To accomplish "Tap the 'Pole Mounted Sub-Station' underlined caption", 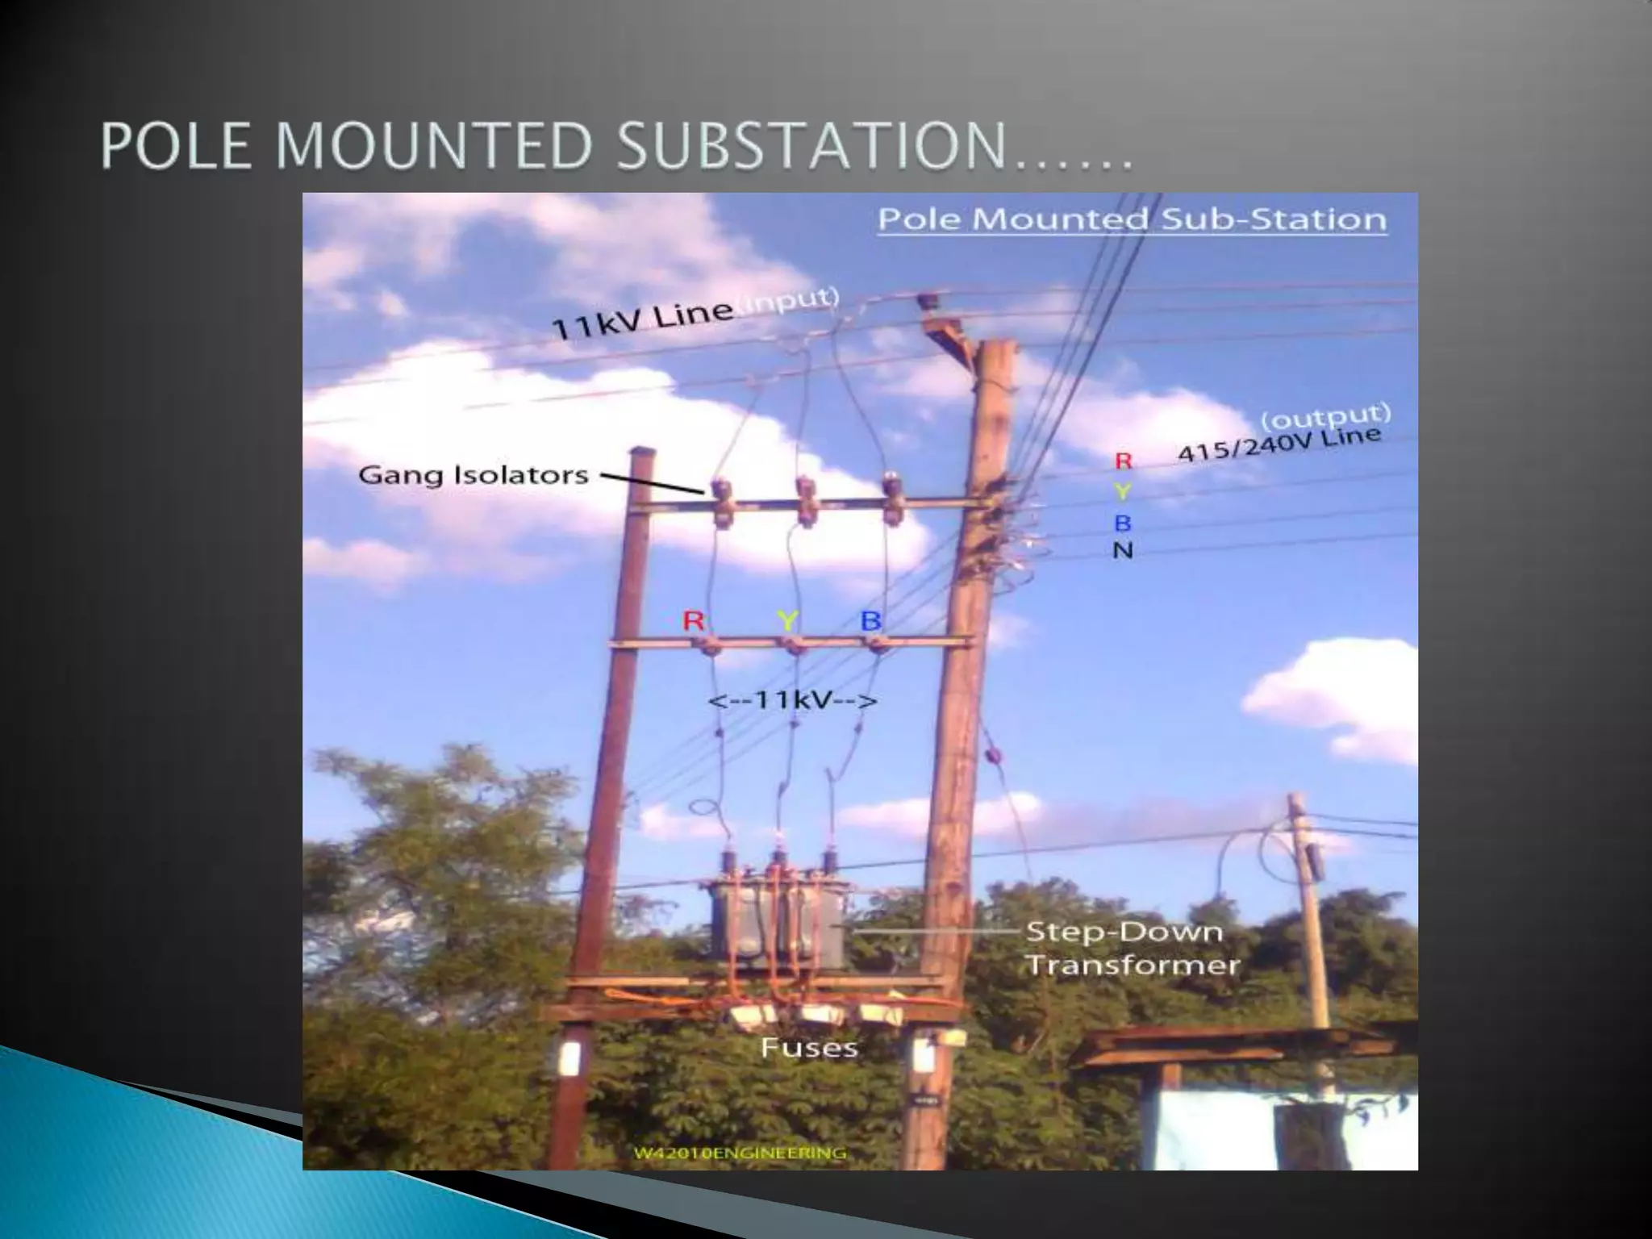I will [x=1132, y=220].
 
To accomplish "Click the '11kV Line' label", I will [x=641, y=323].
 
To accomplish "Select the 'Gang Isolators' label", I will [x=473, y=474].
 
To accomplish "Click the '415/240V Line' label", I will [x=1279, y=445].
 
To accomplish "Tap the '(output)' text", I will [x=1326, y=416].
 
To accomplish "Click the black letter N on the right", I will [x=1123, y=551].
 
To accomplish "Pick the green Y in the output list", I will [x=1122, y=491].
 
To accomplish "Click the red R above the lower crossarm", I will [x=695, y=621].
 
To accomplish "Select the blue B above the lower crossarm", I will [x=870, y=621].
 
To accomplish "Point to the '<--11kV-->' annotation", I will [x=792, y=700].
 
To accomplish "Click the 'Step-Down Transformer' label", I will [x=1133, y=949].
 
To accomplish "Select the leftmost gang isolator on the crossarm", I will [x=720, y=500].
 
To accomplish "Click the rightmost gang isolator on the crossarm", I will [x=891, y=498].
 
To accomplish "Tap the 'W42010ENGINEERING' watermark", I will [x=740, y=1153].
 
